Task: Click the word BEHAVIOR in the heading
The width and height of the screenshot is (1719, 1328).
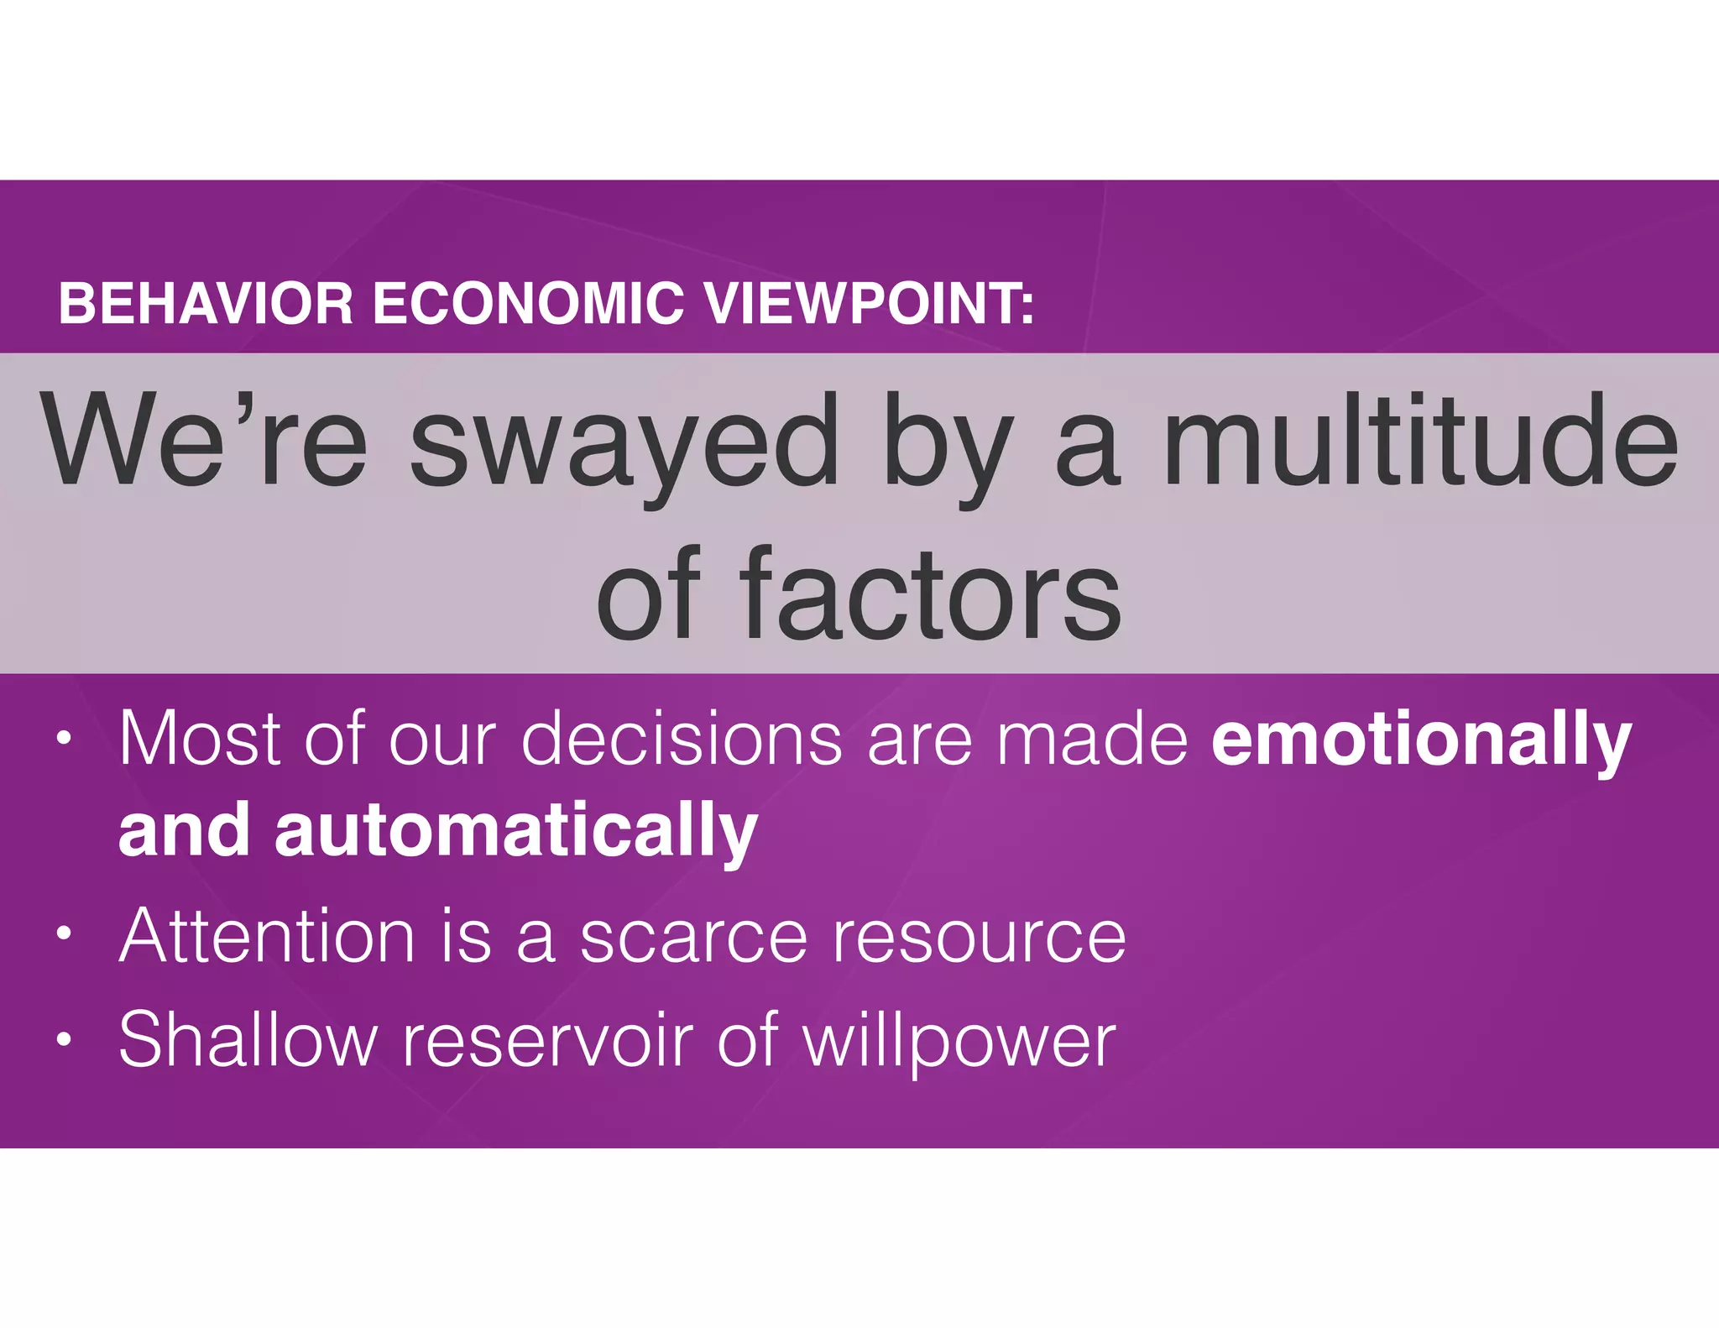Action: click(206, 304)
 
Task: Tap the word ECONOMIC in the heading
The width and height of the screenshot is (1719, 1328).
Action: click(528, 304)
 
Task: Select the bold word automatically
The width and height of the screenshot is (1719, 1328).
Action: click(516, 831)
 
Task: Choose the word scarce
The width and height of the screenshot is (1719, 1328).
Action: click(693, 937)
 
